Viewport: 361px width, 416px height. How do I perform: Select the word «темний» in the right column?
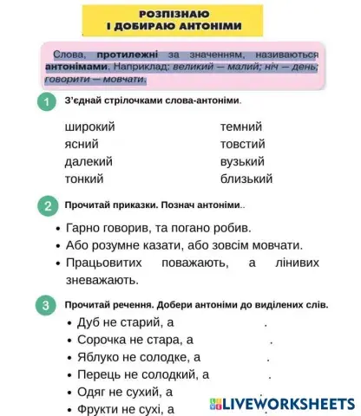pyautogui.click(x=241, y=127)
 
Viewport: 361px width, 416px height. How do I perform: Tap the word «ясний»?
pyautogui.click(x=82, y=144)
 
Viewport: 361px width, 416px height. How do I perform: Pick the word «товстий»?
pyautogui.click(x=243, y=144)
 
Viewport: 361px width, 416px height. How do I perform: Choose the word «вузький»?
pyautogui.click(x=246, y=161)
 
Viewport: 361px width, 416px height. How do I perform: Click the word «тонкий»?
pyautogui.click(x=84, y=179)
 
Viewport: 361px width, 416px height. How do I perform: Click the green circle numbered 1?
pyautogui.click(x=45, y=102)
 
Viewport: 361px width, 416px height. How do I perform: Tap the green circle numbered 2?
pyautogui.click(x=45, y=205)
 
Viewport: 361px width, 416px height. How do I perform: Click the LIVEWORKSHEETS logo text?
pyautogui.click(x=289, y=404)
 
